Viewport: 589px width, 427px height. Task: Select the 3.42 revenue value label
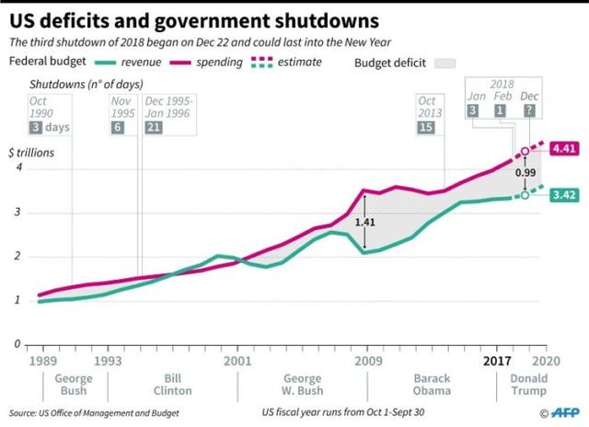[x=564, y=195]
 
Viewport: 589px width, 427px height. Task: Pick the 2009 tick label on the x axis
[x=367, y=360]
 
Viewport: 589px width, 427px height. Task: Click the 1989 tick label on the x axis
[x=41, y=360]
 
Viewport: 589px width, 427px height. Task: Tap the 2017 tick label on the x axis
[x=498, y=360]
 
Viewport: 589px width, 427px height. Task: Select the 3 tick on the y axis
[x=17, y=213]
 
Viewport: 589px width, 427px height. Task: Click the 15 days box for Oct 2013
[x=425, y=126]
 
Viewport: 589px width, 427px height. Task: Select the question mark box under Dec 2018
[x=530, y=110]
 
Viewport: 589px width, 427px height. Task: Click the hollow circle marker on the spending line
[x=525, y=151]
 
